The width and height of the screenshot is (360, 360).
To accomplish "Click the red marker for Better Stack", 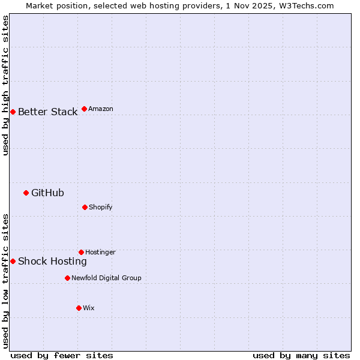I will click(13, 112).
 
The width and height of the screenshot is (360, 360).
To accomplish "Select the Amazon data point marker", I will click(84, 109).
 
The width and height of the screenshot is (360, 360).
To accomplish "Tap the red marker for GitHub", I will click(26, 193).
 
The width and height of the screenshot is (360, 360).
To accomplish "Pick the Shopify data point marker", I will click(85, 207).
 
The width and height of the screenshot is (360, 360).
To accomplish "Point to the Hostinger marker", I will click(81, 252).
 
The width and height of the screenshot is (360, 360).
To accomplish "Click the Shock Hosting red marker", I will click(13, 261).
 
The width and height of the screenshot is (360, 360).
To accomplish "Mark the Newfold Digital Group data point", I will click(67, 278).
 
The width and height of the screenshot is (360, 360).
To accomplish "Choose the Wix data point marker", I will click(79, 308).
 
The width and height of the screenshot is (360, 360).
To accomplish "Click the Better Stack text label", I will click(47, 112).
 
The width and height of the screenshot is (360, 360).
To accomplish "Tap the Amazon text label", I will click(101, 109).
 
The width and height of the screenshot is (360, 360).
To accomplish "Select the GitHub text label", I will click(47, 193).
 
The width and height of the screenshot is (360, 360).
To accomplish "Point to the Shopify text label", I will click(101, 207).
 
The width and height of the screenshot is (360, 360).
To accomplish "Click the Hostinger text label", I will click(100, 252).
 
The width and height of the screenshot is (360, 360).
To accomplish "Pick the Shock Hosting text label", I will click(52, 261).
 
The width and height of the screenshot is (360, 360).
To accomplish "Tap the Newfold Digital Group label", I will click(106, 278).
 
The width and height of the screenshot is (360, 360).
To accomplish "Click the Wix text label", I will click(89, 308).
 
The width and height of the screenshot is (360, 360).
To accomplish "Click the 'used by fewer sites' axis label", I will click(62, 355).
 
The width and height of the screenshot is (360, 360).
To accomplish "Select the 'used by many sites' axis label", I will click(301, 355).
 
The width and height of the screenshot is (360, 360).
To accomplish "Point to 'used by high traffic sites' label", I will click(5, 85).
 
